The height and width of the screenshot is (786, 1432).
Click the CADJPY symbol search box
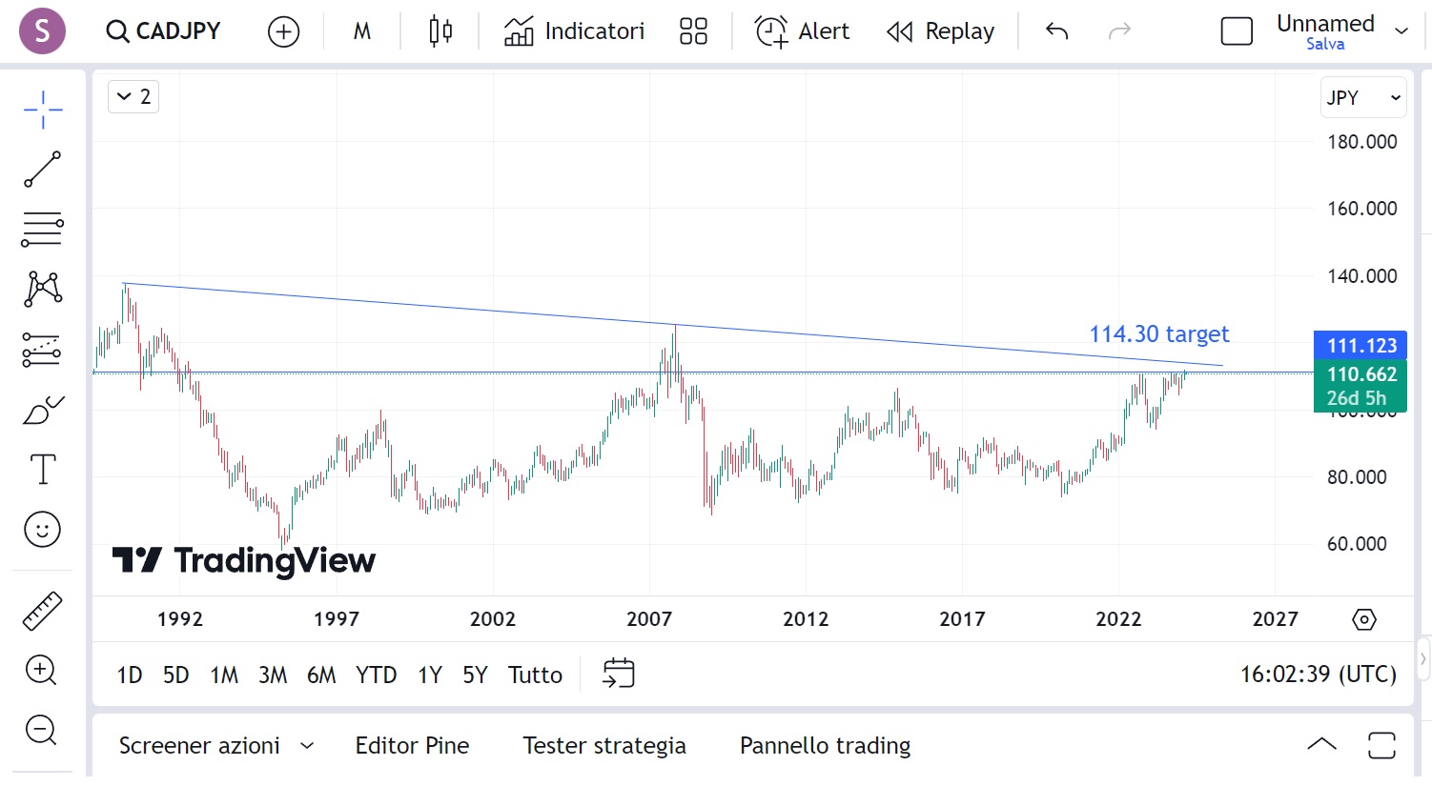coord(164,31)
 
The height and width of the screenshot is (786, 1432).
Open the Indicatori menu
coord(574,31)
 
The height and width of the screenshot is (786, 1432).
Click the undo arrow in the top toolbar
coord(1056,31)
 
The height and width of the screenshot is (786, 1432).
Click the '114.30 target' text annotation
coord(1158,334)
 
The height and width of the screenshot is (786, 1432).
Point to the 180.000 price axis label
coord(1361,142)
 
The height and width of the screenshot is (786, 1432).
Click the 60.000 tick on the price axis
coord(1357,544)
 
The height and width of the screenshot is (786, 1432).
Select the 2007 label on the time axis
coord(649,619)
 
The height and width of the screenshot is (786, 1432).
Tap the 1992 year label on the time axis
coord(180,619)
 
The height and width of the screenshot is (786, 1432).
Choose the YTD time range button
coord(376,675)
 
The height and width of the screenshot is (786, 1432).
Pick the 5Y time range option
coord(475,675)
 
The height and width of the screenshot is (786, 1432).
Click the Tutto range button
coord(535,675)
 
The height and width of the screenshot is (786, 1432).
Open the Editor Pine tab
coord(412,745)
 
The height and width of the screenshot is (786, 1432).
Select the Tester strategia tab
coord(604,745)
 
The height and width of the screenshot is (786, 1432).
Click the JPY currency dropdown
coord(1362,97)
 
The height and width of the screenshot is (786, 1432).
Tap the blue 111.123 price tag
coord(1360,345)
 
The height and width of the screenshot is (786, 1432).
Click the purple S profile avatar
coord(42,30)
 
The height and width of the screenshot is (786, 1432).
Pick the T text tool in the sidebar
coord(43,470)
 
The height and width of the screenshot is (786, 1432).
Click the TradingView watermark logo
coord(244,560)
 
